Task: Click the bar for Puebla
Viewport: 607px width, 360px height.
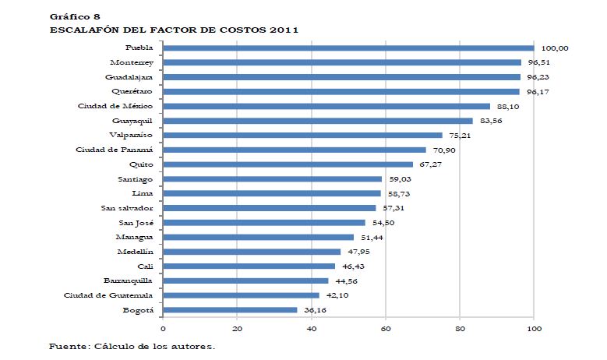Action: tap(348, 48)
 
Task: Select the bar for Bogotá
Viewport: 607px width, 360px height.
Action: tap(231, 310)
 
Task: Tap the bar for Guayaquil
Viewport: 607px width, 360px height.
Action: tap(318, 121)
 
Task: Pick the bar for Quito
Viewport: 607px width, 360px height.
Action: tap(288, 164)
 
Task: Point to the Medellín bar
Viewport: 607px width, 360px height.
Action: tap(252, 252)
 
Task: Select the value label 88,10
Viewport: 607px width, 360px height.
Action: tap(508, 107)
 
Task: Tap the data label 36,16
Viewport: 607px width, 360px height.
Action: tap(315, 310)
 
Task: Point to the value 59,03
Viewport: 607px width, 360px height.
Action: tap(400, 179)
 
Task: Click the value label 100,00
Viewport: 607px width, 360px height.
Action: tap(554, 48)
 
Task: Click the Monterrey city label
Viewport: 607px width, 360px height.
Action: tap(132, 62)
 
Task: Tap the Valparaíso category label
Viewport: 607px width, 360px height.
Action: tap(131, 135)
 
